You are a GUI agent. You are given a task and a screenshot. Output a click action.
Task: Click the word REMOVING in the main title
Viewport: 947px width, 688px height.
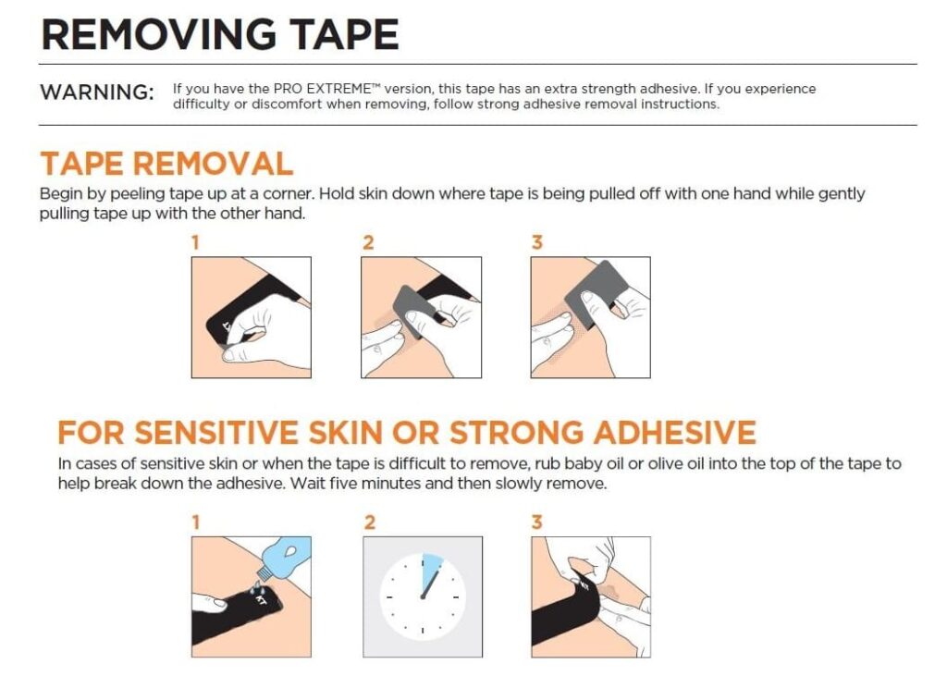point(161,34)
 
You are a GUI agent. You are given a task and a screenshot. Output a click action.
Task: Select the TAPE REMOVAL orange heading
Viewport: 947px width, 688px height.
point(166,164)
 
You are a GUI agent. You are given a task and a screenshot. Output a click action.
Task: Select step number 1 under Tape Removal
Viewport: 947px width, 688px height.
point(195,243)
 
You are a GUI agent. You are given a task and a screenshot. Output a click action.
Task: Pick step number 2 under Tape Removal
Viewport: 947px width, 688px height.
point(368,243)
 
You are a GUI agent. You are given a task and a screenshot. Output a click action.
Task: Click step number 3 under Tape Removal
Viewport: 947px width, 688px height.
point(537,243)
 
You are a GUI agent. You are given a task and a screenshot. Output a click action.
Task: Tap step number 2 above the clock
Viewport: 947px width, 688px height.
point(370,522)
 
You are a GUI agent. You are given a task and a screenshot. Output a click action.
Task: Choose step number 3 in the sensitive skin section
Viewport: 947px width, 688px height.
point(537,522)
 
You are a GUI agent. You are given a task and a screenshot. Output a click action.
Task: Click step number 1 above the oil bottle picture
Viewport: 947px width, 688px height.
point(195,522)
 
